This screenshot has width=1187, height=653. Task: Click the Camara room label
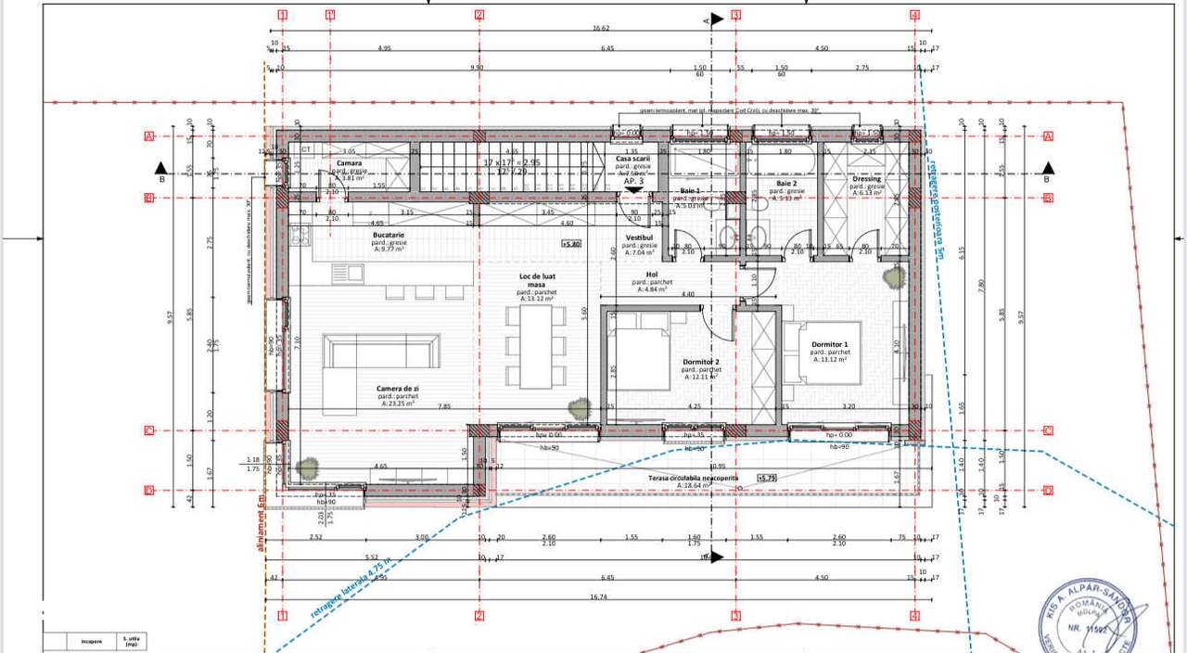[x=349, y=163]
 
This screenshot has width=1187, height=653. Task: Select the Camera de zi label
[x=396, y=389]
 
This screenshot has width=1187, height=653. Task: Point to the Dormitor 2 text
[x=688, y=362]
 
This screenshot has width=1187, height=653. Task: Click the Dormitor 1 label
[x=830, y=345]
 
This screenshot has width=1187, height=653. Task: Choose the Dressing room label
[x=866, y=179]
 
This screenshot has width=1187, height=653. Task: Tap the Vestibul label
[x=639, y=237]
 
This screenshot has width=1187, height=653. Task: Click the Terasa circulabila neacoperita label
[x=693, y=477]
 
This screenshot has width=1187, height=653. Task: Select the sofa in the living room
[x=377, y=352]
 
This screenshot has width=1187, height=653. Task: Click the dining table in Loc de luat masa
[x=535, y=346]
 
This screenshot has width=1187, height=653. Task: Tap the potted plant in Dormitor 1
[x=892, y=275]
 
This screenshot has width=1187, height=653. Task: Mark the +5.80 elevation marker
[x=571, y=244]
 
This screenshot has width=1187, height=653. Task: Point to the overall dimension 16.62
[x=600, y=29]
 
